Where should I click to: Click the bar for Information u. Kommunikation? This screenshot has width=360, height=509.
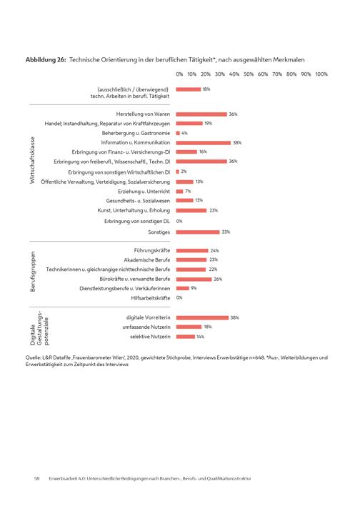point(204,142)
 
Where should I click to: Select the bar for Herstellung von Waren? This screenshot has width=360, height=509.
point(201,114)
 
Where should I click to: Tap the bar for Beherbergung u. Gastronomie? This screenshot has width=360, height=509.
point(178,133)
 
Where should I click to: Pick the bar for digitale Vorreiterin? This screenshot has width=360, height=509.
point(202,317)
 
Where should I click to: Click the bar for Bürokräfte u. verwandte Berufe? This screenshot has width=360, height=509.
point(194,280)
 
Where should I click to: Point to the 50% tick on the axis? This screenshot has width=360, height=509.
point(249,74)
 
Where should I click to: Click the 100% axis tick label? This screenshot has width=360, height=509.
point(321,74)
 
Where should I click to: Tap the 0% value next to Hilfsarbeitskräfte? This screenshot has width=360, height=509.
point(179,297)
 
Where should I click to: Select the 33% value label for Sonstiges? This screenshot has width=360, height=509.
point(226,232)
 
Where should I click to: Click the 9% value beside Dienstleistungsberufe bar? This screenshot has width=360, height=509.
point(194,288)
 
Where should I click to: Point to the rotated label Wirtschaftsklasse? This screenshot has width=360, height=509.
point(32,160)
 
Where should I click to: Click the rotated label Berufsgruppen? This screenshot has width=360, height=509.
point(32,272)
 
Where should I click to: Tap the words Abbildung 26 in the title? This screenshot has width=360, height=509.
point(46,60)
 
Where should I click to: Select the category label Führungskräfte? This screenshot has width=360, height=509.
point(151,250)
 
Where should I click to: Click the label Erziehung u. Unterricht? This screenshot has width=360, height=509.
point(144,191)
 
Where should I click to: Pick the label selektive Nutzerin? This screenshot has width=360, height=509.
point(150,337)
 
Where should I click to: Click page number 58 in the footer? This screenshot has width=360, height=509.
point(36,478)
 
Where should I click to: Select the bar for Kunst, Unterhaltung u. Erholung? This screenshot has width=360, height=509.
point(191,211)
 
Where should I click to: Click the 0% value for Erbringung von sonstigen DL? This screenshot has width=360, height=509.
point(179,222)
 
